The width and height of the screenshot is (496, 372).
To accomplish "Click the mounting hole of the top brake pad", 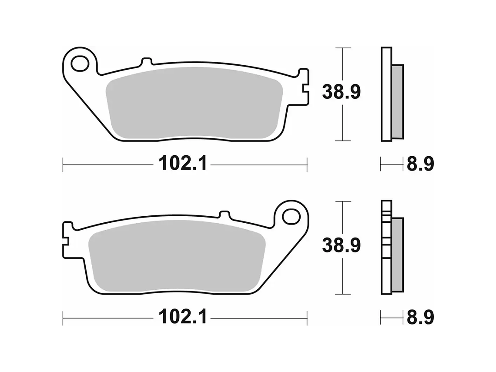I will point(80,64).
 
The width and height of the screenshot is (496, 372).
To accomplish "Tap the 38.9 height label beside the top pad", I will point(341,92).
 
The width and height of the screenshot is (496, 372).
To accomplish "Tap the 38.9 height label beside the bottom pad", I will point(341,245).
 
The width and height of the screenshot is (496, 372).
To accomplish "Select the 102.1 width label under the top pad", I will point(183,164).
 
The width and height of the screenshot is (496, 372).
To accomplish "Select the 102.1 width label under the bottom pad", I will point(183,317).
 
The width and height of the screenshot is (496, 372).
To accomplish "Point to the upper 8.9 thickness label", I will point(419,164).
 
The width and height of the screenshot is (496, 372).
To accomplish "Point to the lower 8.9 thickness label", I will point(419,317).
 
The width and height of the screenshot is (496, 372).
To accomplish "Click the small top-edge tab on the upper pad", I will point(146,61).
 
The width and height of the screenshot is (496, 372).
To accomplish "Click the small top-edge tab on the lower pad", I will point(225,215).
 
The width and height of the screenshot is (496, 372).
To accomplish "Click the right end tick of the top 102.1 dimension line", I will point(307,164).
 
